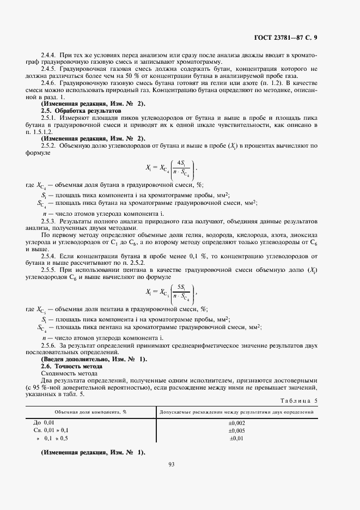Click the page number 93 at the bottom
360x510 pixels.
[171, 464]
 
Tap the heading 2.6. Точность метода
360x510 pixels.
[71, 366]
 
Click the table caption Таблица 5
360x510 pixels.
[298, 400]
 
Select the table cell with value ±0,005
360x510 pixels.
[237, 430]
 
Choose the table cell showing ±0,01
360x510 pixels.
[237, 438]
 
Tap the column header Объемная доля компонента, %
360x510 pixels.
[90, 412]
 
